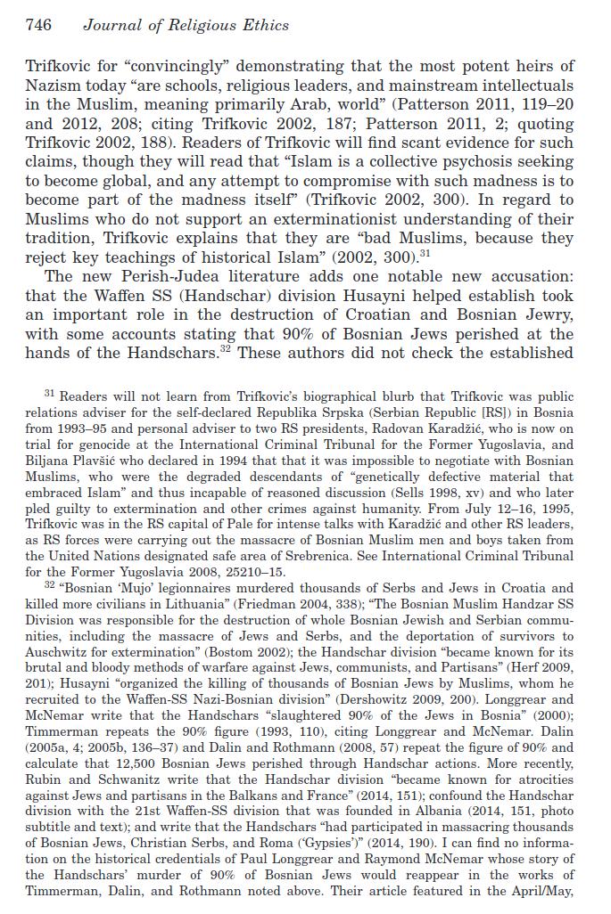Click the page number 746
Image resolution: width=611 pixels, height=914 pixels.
click(38, 25)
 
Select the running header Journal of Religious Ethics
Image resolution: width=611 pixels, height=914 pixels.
click(186, 25)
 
